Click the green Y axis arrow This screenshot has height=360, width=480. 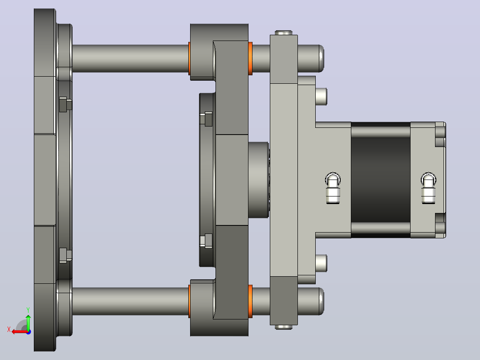[x=28, y=322]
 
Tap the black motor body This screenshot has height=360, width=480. [x=381, y=180]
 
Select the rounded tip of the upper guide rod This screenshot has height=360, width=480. [x=321, y=58]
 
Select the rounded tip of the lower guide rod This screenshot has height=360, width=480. [x=321, y=301]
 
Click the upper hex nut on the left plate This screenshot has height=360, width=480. [x=65, y=104]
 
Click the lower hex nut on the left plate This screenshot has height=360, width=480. [x=65, y=255]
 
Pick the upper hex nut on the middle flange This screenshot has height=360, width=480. [x=206, y=119]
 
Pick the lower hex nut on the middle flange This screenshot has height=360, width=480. [x=206, y=241]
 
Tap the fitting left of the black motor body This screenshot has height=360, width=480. [x=333, y=188]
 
